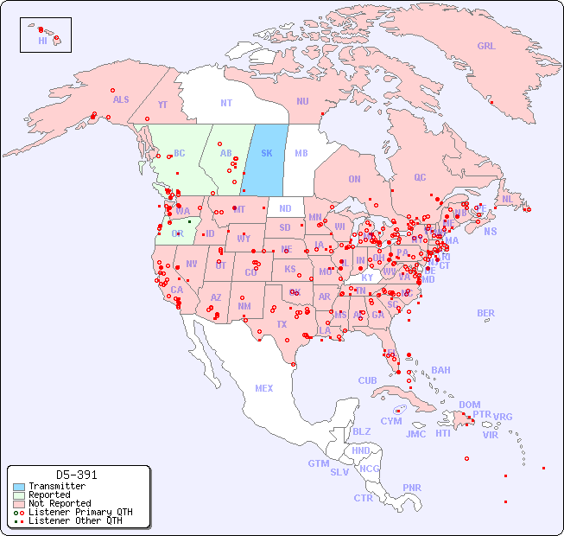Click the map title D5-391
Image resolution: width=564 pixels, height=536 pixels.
point(76,475)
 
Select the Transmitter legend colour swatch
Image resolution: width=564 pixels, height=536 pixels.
point(19,487)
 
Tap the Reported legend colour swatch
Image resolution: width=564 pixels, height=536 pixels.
point(19,495)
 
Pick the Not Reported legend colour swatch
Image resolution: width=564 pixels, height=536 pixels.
point(19,503)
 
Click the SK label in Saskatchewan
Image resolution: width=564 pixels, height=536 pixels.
point(266,153)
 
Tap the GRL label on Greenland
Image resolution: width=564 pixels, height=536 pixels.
point(486,46)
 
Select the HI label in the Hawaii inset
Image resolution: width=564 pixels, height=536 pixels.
point(42,40)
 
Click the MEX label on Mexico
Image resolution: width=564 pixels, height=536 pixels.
point(264,388)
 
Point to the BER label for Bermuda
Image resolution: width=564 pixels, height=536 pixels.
point(486,313)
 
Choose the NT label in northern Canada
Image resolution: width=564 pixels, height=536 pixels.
point(226,102)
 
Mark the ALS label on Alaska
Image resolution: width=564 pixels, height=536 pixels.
point(121,99)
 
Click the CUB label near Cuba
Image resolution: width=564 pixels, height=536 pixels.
point(367,380)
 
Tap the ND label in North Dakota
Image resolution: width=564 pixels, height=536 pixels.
point(285,208)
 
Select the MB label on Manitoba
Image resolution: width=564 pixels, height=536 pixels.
point(301,153)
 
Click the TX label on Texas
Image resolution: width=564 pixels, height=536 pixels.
point(282,324)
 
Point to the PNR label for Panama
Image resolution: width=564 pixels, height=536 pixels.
point(412,488)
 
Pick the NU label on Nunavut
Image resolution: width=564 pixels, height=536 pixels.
point(302,101)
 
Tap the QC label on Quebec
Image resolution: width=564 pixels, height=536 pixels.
point(420,177)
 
